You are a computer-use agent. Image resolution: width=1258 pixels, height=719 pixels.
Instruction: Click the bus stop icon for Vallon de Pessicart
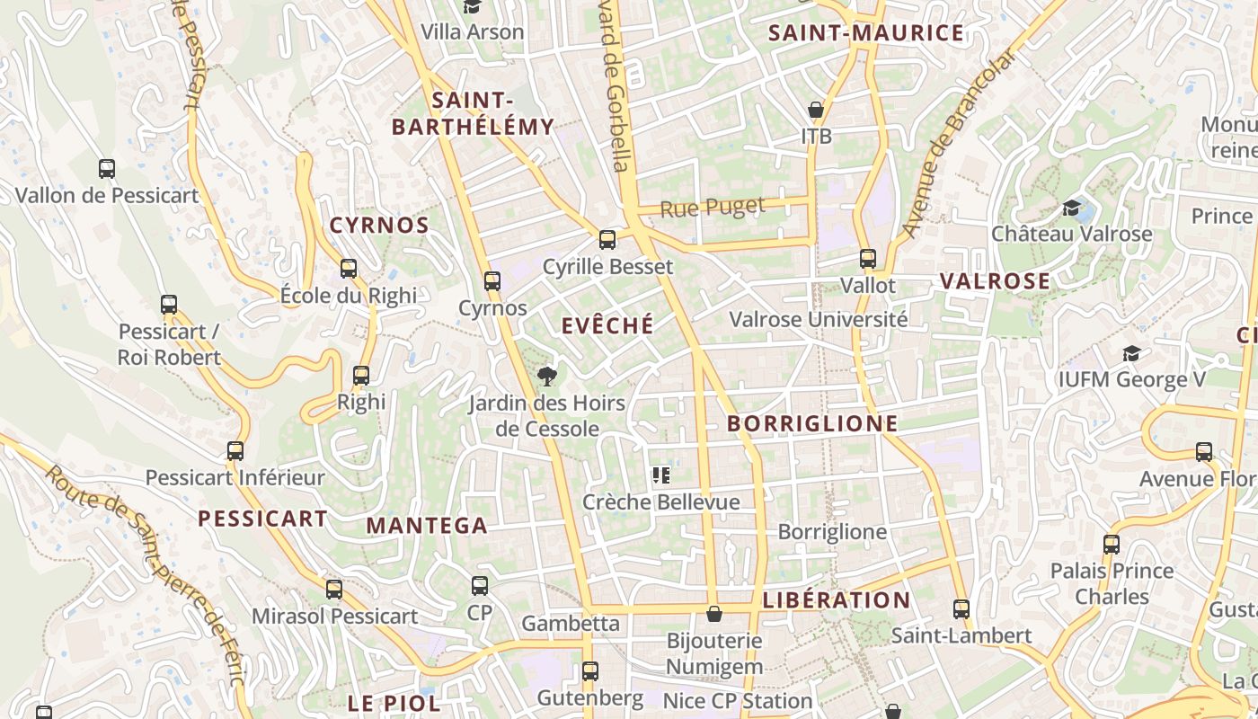106,168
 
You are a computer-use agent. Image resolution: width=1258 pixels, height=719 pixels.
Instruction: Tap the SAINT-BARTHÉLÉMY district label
473,113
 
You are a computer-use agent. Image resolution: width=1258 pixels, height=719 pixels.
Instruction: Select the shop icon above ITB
816,110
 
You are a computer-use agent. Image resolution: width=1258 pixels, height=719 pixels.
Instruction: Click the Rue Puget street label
713,208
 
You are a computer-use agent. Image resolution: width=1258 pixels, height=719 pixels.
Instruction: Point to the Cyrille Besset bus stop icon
607,239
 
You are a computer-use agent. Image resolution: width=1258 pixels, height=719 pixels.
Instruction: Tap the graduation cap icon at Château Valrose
1071,209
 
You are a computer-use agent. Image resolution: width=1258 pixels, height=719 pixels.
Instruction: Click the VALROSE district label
995,281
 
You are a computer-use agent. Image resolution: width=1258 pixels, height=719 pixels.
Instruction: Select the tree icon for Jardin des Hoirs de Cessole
545,375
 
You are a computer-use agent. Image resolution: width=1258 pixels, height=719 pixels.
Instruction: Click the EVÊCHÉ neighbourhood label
607,326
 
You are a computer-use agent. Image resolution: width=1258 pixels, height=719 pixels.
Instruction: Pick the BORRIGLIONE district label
811,423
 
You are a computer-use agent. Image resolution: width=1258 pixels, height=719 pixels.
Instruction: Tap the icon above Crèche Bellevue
661,475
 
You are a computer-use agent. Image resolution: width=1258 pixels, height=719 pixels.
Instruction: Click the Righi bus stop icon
361,375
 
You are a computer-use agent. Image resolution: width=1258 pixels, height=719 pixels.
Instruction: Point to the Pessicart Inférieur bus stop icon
235,450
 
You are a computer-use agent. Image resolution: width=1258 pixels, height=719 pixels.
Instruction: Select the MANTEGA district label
427,526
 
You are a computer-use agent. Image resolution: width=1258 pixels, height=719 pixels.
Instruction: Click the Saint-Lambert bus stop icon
961,608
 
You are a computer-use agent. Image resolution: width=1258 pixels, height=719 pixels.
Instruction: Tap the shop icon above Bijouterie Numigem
713,614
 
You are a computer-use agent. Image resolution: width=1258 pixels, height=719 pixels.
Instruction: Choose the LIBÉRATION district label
836,600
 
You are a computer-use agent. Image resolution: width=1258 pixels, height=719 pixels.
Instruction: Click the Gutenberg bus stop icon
590,670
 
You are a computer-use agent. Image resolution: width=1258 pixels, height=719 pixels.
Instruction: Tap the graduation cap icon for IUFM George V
1131,353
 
